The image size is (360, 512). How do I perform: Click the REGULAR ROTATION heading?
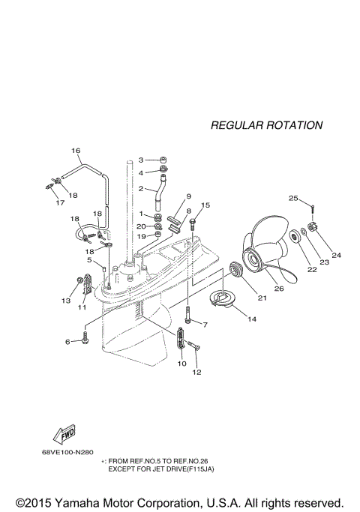click(266, 125)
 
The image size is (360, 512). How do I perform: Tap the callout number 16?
click(76, 151)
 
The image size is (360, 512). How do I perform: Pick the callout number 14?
click(250, 319)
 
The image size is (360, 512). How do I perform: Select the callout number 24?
click(335, 256)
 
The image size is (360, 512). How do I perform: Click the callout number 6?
click(67, 342)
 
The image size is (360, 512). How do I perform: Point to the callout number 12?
click(197, 372)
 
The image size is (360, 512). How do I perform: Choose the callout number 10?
click(181, 364)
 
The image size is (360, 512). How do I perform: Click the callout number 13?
click(65, 300)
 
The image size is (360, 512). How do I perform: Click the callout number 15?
click(205, 205)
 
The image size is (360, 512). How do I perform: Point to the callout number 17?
click(59, 202)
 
